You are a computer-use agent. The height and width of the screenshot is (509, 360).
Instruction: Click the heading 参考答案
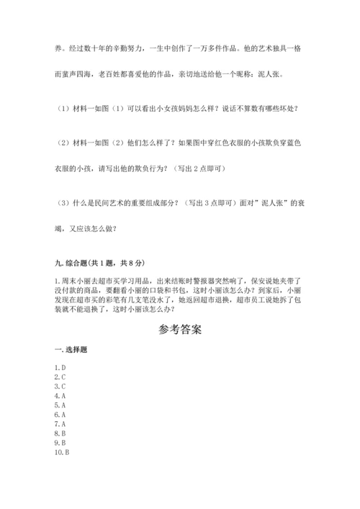(x=179, y=330)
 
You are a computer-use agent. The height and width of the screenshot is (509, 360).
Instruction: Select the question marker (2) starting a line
(x=60, y=144)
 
